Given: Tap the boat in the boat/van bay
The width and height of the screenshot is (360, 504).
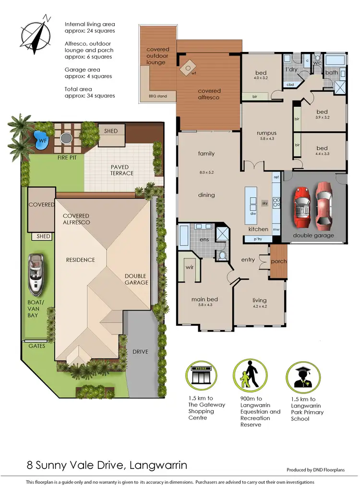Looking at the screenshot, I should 36,274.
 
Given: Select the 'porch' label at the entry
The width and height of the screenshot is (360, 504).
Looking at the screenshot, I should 279,261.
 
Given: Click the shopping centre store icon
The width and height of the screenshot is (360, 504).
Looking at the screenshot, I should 202,377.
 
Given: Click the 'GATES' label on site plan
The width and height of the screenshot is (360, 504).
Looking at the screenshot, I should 36,346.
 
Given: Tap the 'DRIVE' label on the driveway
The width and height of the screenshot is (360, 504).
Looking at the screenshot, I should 141,352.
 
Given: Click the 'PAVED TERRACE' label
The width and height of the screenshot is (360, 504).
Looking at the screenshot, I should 122,170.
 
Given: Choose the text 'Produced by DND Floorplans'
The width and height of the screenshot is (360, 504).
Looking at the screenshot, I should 315,470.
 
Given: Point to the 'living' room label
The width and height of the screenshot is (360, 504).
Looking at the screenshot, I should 259,301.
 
